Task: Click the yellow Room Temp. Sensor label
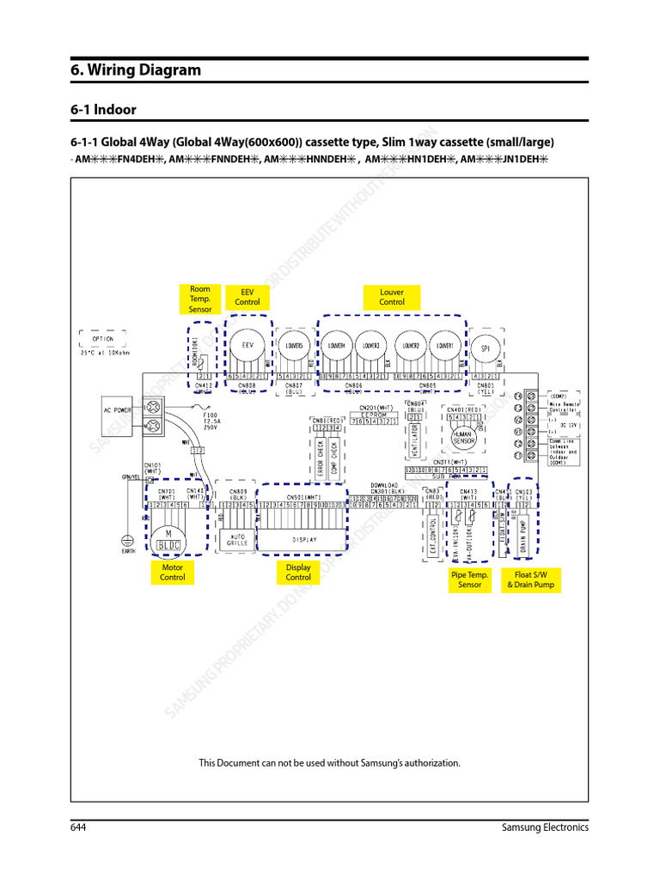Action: [x=200, y=299]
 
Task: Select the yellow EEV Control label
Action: [x=247, y=297]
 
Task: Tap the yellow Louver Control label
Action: [x=391, y=297]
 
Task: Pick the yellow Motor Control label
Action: [x=172, y=573]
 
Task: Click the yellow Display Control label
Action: [x=298, y=573]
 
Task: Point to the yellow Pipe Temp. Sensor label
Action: [x=470, y=579]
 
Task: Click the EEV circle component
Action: [x=247, y=345]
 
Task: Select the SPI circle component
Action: [x=486, y=348]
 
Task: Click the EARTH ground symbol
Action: [x=127, y=543]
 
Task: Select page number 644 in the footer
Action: [x=79, y=827]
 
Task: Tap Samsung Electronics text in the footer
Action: [x=545, y=827]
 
